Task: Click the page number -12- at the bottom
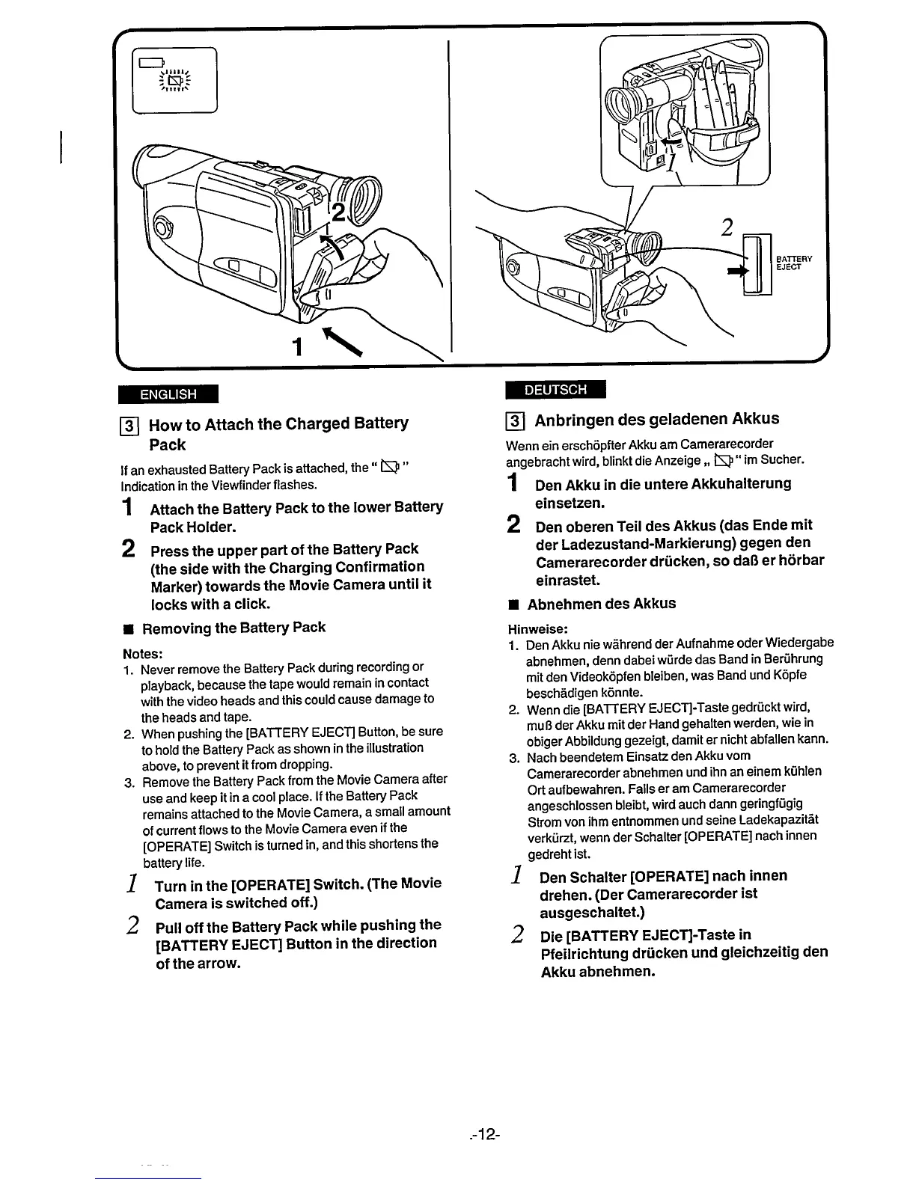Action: (486, 1136)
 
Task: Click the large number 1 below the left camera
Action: (298, 346)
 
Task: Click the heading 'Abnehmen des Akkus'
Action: (602, 604)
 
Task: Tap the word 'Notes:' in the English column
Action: (142, 653)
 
